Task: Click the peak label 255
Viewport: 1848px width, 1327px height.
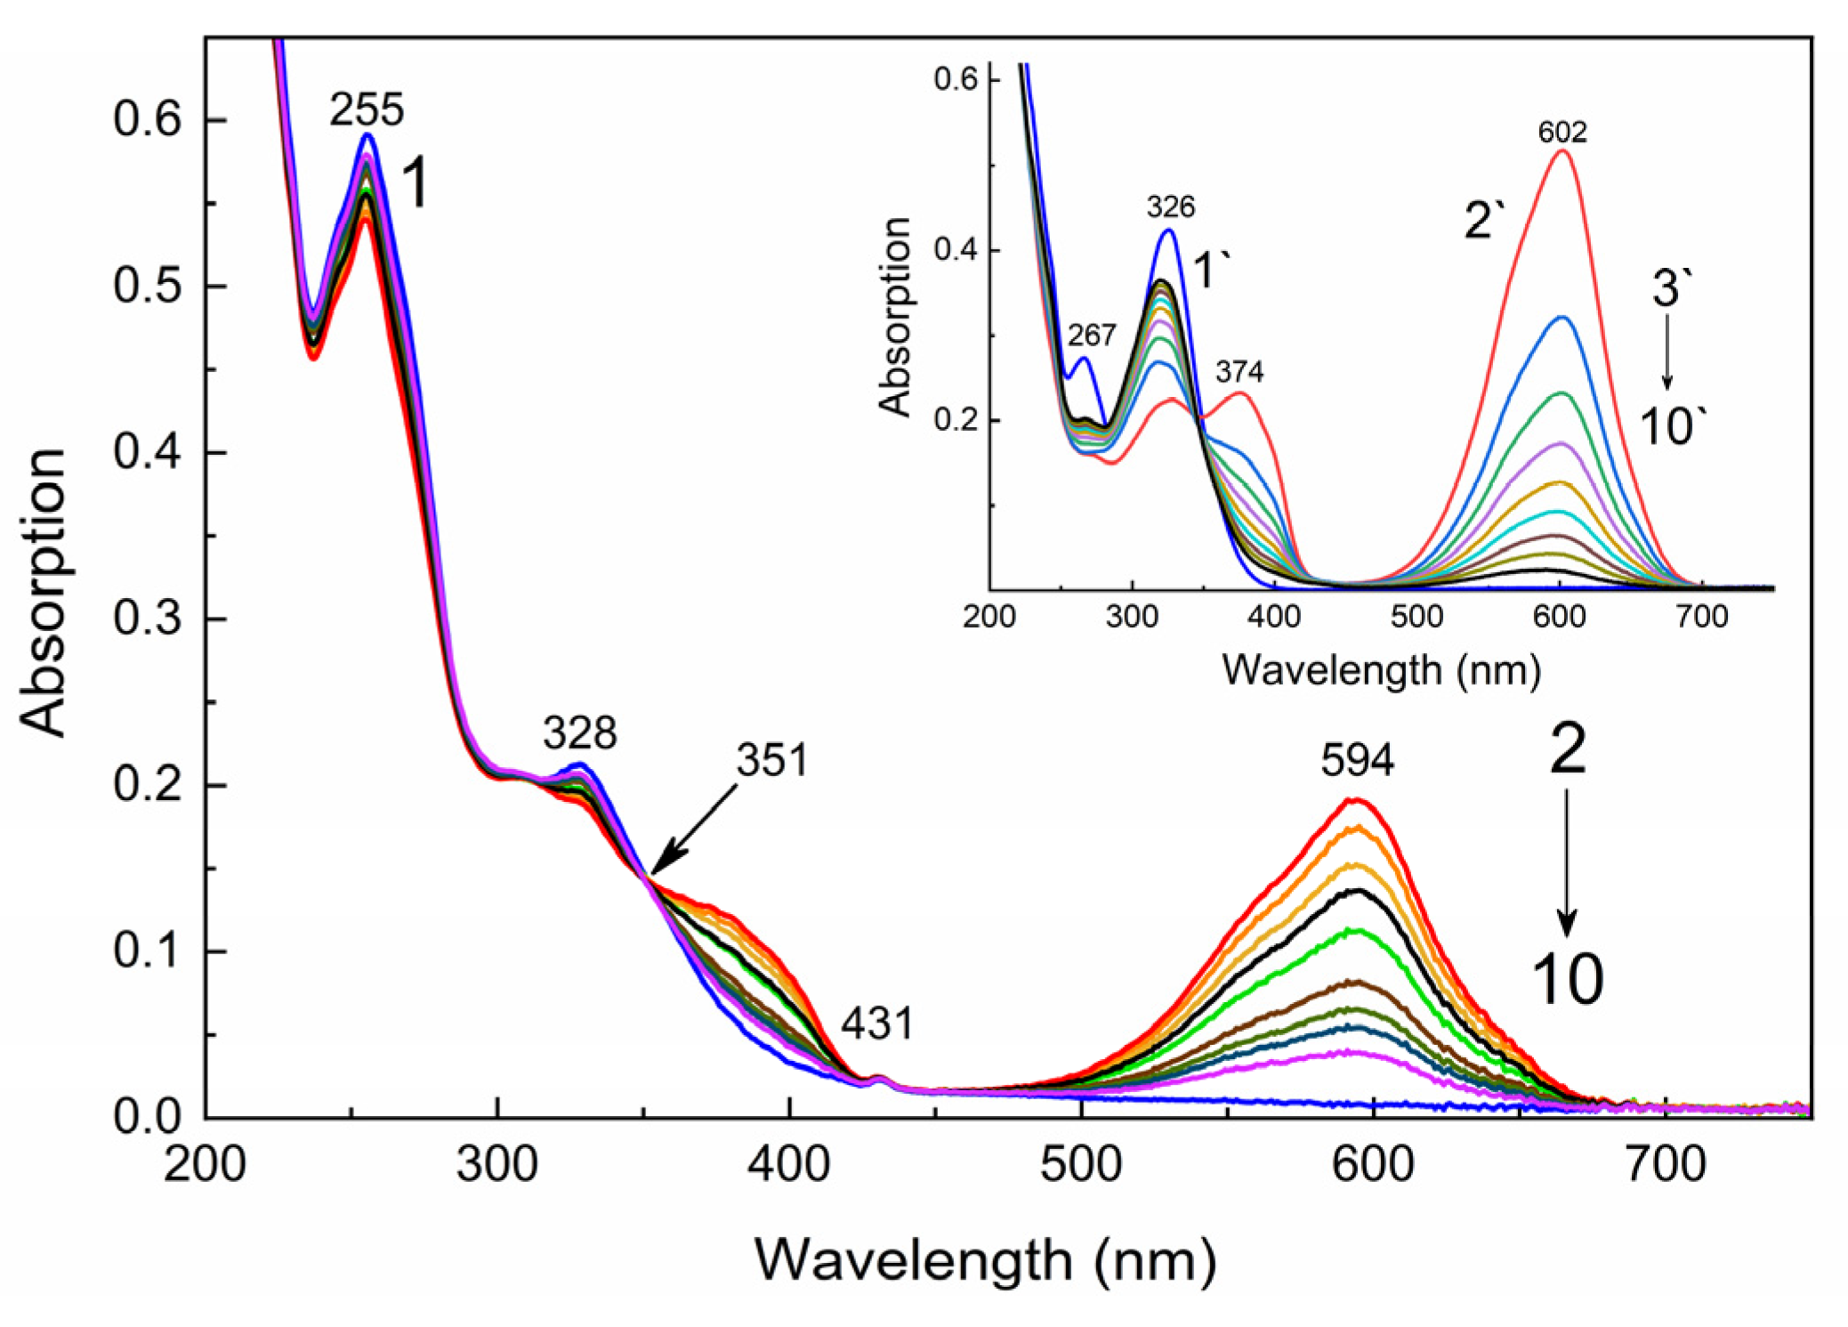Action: coord(367,111)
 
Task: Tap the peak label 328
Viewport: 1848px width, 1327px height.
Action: coord(580,733)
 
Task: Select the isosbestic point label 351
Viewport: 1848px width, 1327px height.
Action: coord(771,760)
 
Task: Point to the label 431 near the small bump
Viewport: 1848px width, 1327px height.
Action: coord(877,1024)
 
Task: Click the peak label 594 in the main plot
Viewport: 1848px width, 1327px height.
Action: coord(1357,760)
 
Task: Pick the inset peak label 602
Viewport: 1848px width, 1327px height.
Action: coord(1562,133)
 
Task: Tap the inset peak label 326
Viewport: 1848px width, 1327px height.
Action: coord(1170,207)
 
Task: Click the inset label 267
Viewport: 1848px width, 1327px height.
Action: coord(1091,336)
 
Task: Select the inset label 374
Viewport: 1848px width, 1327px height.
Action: coord(1239,372)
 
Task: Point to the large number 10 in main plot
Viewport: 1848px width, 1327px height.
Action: coord(1567,980)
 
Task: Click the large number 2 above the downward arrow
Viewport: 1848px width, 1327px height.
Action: coord(1567,749)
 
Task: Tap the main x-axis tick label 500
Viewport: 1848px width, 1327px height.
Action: coord(1081,1163)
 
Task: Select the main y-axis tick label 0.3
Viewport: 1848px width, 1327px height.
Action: coord(147,619)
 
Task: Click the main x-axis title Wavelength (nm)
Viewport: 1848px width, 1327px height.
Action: coord(985,1260)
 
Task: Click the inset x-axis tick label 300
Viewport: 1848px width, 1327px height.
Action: coord(1131,617)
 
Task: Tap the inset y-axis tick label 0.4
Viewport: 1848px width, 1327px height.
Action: coord(955,250)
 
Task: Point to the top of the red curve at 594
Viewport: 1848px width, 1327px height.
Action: coord(1353,799)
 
